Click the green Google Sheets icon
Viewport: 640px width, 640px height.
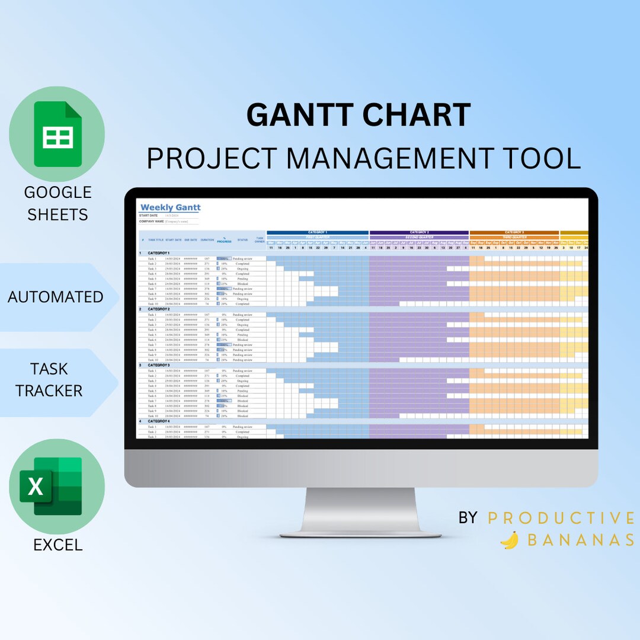coord(57,134)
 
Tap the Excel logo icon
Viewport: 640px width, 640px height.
coord(51,487)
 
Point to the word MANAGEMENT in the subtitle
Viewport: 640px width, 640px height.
coord(391,158)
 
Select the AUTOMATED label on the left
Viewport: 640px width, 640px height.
coord(56,297)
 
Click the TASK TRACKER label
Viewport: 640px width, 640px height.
coord(49,380)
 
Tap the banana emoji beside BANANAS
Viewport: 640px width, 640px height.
coord(509,540)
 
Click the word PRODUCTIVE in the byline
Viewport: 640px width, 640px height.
coord(561,518)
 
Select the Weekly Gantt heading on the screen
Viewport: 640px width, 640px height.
coord(170,207)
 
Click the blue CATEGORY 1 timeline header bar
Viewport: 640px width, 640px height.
coord(318,232)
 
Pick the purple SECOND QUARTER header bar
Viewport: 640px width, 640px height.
coord(420,237)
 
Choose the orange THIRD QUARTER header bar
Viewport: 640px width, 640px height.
coord(514,237)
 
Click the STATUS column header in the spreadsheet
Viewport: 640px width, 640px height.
coord(242,240)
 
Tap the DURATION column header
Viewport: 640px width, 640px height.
coord(207,240)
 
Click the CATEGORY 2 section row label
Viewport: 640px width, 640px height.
coord(159,309)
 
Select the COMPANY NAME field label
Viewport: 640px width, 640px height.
coord(152,221)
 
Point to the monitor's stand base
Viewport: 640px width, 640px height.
coord(360,525)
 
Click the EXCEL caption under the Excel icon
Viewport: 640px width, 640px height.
coord(58,545)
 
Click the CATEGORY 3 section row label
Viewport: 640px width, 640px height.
coord(159,365)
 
